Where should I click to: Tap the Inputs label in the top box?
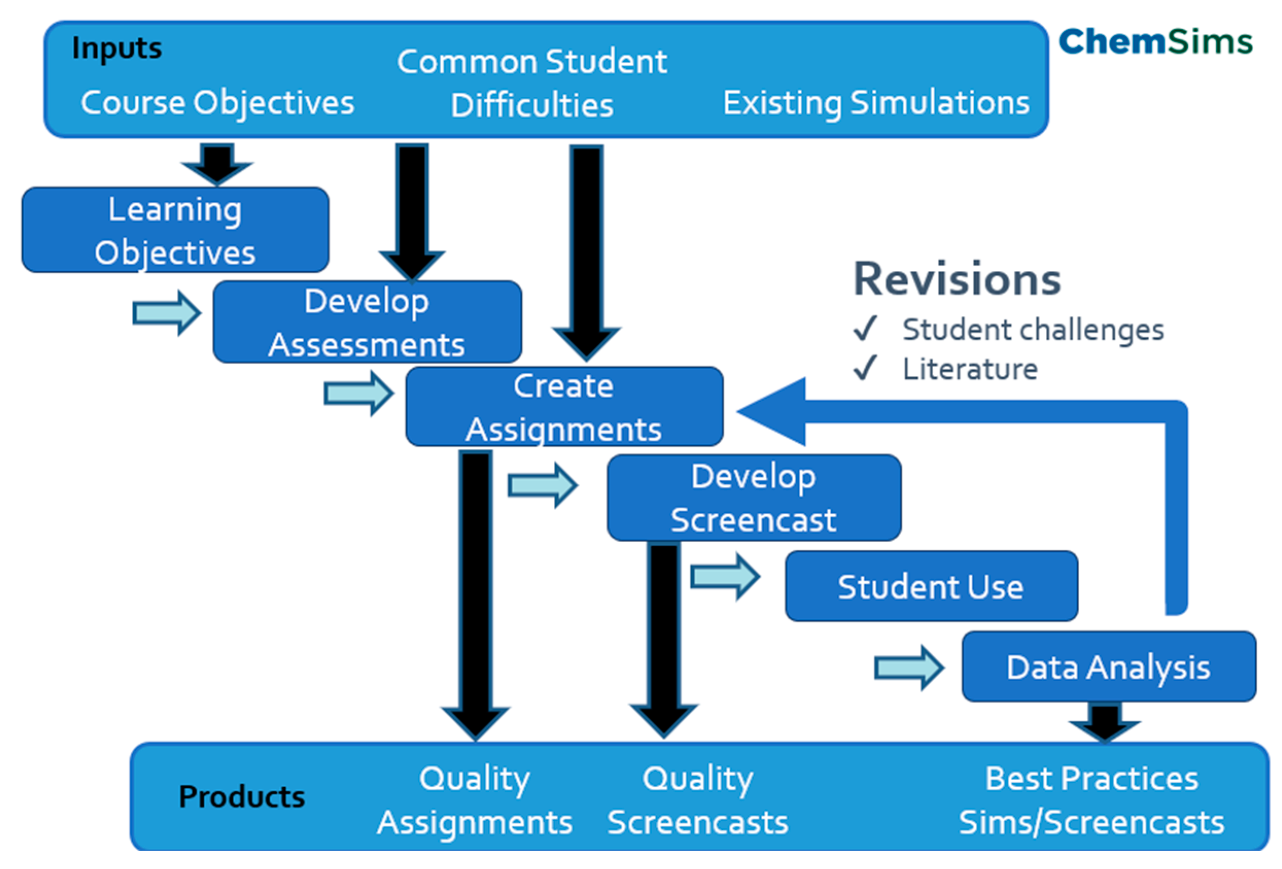pyautogui.click(x=117, y=48)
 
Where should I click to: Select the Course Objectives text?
pyautogui.click(x=217, y=102)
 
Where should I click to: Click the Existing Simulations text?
pyautogui.click(x=876, y=102)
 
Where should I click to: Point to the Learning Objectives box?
pyautogui.click(x=175, y=230)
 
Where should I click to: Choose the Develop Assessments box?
pyautogui.click(x=367, y=322)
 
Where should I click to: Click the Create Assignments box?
pyautogui.click(x=564, y=407)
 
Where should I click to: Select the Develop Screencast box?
pyautogui.click(x=753, y=498)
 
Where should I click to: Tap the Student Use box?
pyautogui.click(x=931, y=586)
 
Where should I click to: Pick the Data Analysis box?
pyautogui.click(x=1109, y=667)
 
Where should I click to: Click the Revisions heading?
pyautogui.click(x=957, y=280)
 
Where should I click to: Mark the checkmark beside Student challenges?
pyautogui.click(x=865, y=329)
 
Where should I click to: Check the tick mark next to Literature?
pyautogui.click(x=865, y=368)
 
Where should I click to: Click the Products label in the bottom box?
pyautogui.click(x=241, y=797)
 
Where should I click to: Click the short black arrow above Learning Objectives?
pyautogui.click(x=217, y=164)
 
